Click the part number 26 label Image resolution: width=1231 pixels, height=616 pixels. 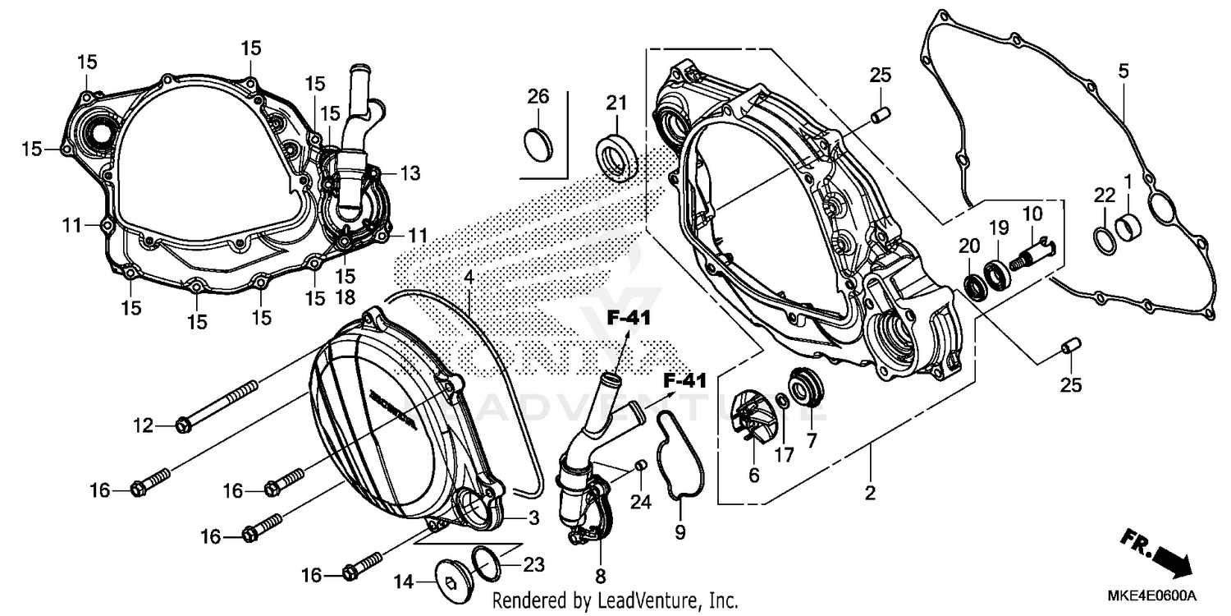point(538,97)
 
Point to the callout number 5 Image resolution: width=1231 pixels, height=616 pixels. point(1123,71)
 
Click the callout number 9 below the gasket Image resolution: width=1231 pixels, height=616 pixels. point(680,532)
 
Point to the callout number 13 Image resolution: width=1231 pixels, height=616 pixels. point(410,172)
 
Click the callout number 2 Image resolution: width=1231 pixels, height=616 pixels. point(870,494)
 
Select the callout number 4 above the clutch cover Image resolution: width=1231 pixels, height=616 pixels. point(468,278)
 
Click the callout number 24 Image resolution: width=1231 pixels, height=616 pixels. point(640,502)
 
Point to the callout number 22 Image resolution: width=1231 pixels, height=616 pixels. point(1105,195)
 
